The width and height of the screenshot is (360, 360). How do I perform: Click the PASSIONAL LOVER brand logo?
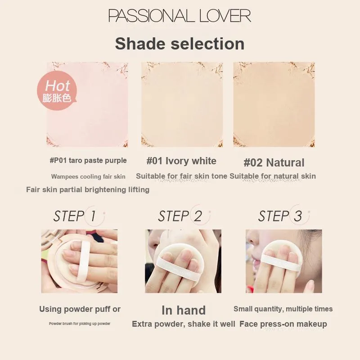click(180, 16)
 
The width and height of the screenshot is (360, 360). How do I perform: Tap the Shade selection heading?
click(180, 44)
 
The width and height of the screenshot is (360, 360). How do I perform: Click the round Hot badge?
click(57, 90)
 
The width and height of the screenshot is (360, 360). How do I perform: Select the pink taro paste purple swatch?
click(87, 104)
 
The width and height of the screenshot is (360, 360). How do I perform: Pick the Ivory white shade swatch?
click(182, 104)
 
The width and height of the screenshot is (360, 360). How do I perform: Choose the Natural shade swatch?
click(274, 104)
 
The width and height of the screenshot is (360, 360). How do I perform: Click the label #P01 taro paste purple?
click(88, 161)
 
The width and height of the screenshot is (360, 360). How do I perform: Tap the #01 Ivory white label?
click(181, 161)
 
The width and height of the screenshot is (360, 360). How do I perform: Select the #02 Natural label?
click(274, 162)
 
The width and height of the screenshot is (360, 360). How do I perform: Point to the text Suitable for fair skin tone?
click(182, 176)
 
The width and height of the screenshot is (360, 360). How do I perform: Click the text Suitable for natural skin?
click(273, 176)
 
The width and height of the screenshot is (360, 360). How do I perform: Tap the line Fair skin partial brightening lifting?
click(88, 189)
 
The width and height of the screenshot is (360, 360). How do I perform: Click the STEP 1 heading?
click(75, 216)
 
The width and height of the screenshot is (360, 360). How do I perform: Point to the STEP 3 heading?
click(280, 216)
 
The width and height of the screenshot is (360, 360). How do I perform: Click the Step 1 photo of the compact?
click(80, 261)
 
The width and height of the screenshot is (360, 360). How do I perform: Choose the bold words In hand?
click(184, 310)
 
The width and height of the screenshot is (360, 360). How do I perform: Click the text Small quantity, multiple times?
click(283, 309)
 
